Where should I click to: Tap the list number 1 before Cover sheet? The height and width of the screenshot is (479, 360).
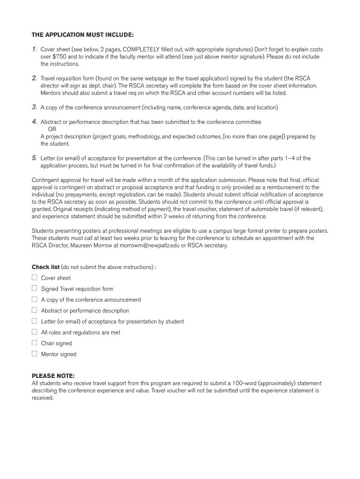34,49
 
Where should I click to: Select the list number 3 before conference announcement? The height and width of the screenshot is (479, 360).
34,107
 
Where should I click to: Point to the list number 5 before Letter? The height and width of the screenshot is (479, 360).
34,158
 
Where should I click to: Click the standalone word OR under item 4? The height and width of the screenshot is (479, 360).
52,129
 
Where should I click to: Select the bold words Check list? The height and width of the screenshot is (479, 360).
45,267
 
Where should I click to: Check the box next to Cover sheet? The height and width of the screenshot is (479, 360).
34,277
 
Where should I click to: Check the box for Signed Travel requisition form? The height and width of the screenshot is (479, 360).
34,289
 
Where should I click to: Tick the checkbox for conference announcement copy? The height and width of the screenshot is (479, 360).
34,299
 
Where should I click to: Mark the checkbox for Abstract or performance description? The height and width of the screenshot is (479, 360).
34,310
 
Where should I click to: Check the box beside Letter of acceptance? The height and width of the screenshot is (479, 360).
34,321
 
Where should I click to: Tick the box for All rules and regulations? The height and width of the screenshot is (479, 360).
34,332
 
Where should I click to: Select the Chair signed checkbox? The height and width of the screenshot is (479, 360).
34,343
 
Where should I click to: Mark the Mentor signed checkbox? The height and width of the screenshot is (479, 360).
34,354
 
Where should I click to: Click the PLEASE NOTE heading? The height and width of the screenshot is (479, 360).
53,376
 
